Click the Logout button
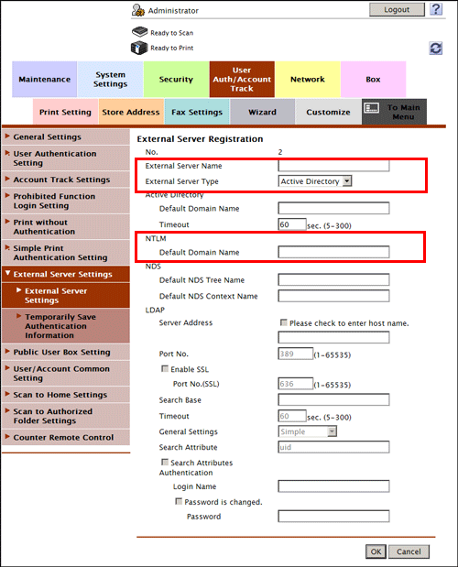click(397, 9)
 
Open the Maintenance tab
click(44, 79)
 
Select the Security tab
click(176, 79)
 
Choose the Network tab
click(308, 79)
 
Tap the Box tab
click(373, 79)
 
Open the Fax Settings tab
click(197, 112)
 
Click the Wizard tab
click(262, 112)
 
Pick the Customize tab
click(328, 112)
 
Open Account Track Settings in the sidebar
click(61, 180)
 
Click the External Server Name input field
click(333, 166)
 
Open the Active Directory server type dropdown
click(316, 181)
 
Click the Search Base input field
click(333, 400)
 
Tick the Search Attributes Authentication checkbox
click(165, 463)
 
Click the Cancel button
click(409, 551)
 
